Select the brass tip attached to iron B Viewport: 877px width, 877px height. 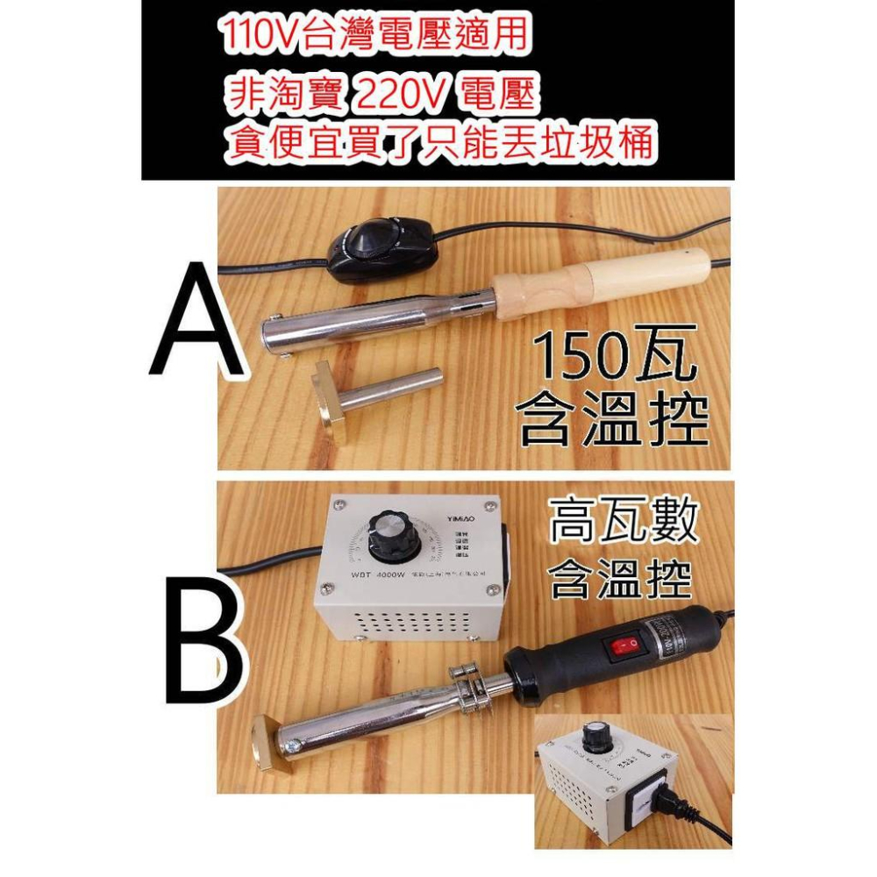268,736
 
